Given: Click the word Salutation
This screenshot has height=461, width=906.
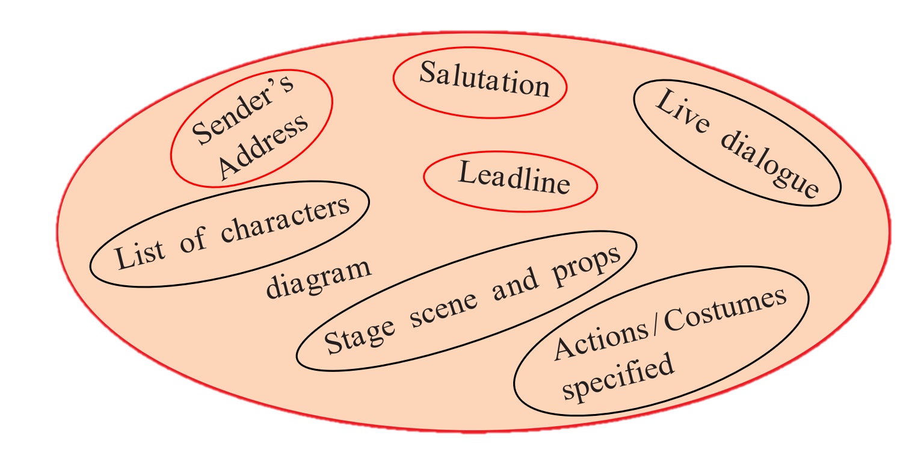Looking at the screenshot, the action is pos(484,79).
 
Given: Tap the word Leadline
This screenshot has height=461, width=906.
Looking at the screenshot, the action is pos(514,178).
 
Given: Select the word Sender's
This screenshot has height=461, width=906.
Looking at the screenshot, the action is pos(242,109).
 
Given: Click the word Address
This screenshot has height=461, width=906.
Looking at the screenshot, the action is pos(263,146).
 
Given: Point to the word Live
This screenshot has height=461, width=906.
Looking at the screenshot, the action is pos(682,111).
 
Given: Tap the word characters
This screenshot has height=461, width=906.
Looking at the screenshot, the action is pos(285,221).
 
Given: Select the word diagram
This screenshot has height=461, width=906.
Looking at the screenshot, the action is pos(319,279).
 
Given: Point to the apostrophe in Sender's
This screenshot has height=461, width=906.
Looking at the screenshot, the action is pos(276,82).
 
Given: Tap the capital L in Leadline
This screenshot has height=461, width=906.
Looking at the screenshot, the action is pos(469,172).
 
